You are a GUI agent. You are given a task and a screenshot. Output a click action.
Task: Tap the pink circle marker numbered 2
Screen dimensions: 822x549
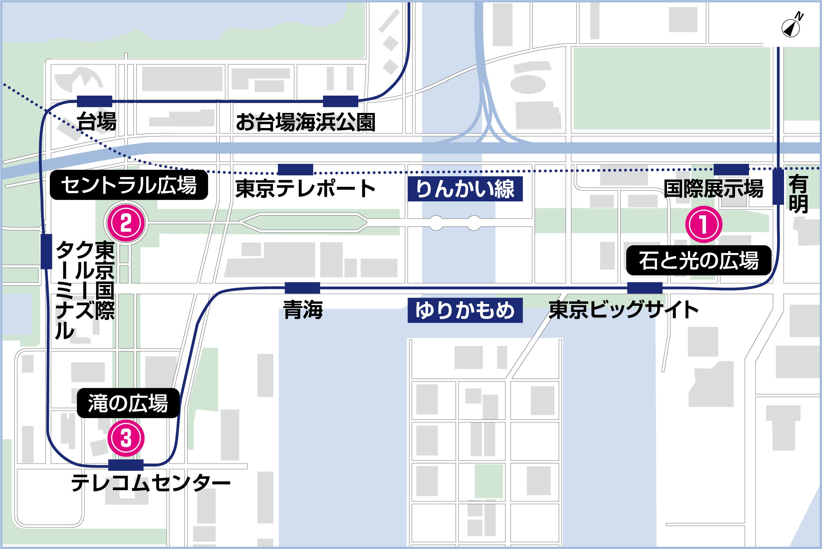pyautogui.click(x=126, y=223)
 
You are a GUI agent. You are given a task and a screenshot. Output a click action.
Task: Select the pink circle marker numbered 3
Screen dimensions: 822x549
pyautogui.click(x=126, y=438)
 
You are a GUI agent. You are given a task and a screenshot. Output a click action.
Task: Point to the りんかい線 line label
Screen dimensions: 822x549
pyautogui.click(x=465, y=189)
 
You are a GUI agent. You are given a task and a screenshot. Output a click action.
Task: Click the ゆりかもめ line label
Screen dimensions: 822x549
pyautogui.click(x=465, y=310)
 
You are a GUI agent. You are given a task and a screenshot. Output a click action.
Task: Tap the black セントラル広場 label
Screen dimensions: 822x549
pyautogui.click(x=129, y=185)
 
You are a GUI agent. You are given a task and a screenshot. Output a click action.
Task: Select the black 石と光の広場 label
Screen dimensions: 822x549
pyautogui.click(x=698, y=260)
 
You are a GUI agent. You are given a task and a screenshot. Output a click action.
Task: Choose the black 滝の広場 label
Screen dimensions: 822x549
pyautogui.click(x=128, y=403)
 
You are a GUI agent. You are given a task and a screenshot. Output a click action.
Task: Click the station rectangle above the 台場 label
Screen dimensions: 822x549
pyautogui.click(x=94, y=101)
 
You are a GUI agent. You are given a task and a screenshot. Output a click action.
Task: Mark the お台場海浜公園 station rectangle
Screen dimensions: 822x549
pyautogui.click(x=340, y=101)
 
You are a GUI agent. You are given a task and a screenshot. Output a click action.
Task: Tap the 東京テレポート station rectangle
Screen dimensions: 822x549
pyautogui.click(x=295, y=169)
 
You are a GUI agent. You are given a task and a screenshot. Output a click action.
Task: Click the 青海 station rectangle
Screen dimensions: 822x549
pyautogui.click(x=302, y=288)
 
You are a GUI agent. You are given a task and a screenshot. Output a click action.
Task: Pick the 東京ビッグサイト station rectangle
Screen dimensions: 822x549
pyautogui.click(x=644, y=288)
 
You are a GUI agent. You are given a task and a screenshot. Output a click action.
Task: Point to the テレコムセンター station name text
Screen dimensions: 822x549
pyautogui.click(x=151, y=483)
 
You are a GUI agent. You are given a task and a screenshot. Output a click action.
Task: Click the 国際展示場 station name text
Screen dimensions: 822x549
pyautogui.click(x=713, y=189)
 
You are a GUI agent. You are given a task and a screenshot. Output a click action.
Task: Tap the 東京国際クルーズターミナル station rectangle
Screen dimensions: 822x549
pyautogui.click(x=46, y=251)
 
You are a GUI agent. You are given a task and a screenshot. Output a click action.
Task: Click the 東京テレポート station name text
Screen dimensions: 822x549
pyautogui.click(x=305, y=189)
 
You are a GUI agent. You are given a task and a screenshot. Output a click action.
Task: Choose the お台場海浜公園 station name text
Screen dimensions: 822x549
pyautogui.click(x=305, y=122)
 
